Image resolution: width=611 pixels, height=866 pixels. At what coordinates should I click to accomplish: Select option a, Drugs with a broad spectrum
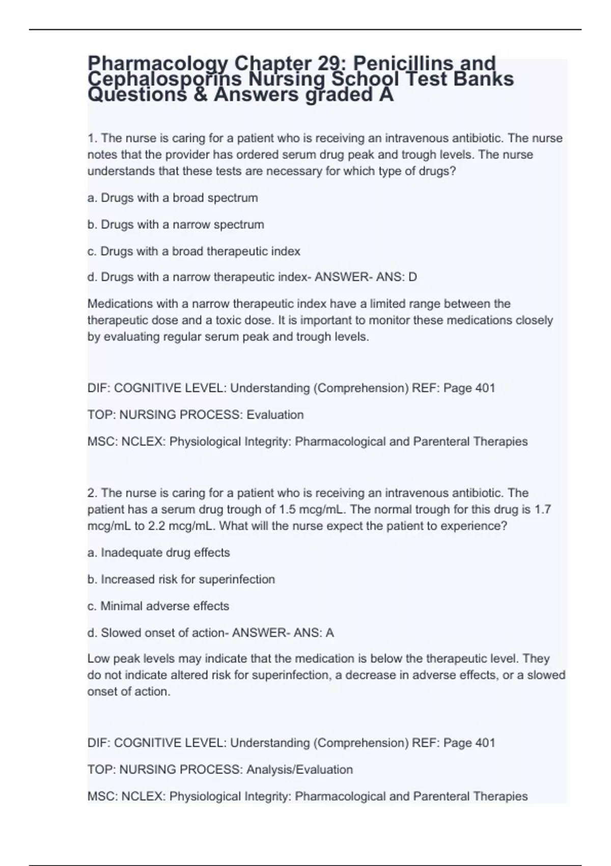click(173, 198)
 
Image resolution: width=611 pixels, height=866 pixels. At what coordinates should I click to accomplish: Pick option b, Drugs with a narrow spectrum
click(176, 225)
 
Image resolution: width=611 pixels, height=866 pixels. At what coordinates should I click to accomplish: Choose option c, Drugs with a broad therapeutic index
click(193, 251)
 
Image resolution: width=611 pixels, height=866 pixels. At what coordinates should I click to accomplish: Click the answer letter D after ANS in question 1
click(412, 277)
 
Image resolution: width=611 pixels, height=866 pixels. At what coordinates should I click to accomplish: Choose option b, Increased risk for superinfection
click(181, 579)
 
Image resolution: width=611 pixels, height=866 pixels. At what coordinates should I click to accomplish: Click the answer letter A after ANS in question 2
click(329, 633)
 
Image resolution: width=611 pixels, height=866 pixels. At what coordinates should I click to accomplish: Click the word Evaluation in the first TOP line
click(275, 415)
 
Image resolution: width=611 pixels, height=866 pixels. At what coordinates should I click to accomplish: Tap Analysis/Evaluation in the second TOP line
click(299, 769)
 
